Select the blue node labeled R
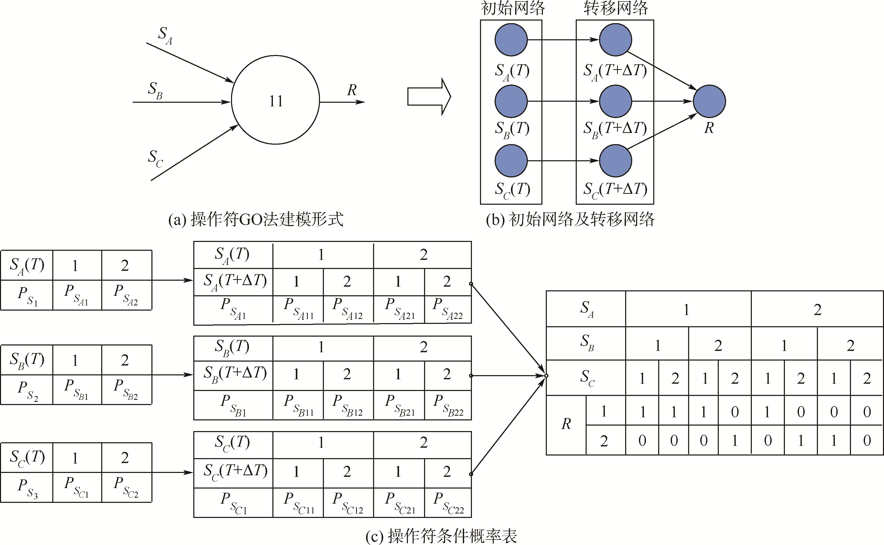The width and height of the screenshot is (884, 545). (x=709, y=101)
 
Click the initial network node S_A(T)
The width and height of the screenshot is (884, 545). (x=511, y=40)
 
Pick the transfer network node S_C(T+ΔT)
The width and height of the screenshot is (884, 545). (x=615, y=161)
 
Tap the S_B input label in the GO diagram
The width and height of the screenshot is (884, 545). (x=155, y=90)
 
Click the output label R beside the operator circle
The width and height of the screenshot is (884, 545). (x=352, y=90)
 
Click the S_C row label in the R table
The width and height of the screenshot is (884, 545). (x=587, y=378)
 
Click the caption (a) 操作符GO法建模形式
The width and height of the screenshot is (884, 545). (x=256, y=219)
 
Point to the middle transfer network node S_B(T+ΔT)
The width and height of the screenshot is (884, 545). (x=615, y=101)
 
